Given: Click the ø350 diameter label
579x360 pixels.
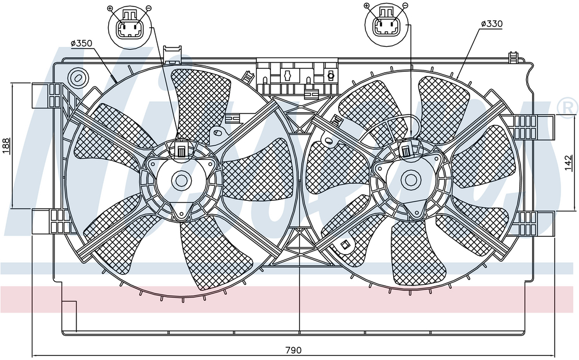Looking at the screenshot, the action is pyautogui.click(x=81, y=43).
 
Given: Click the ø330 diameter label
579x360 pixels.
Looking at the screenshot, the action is pyautogui.click(x=492, y=24).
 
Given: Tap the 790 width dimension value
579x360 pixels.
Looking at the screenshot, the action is pyautogui.click(x=294, y=350).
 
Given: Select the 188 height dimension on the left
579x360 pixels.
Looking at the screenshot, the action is pyautogui.click(x=6, y=145).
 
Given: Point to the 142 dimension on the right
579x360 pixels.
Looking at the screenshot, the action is pyautogui.click(x=569, y=163).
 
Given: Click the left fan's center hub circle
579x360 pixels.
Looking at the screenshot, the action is pyautogui.click(x=181, y=181).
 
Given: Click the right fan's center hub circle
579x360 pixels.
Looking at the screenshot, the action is pyautogui.click(x=411, y=180).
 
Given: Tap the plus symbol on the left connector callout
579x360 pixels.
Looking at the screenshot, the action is pyautogui.click(x=109, y=8).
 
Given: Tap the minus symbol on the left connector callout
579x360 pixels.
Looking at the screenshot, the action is pyautogui.click(x=148, y=8).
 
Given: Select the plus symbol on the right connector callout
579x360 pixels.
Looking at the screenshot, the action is pyautogui.click(x=367, y=6).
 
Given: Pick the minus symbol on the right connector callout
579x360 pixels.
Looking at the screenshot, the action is pyautogui.click(x=405, y=6).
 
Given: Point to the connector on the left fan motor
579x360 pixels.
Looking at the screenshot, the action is pyautogui.click(x=181, y=149).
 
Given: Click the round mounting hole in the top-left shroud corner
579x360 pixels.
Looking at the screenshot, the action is pyautogui.click(x=78, y=78).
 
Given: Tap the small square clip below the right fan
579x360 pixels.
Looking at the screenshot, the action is pyautogui.click(x=345, y=244).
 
